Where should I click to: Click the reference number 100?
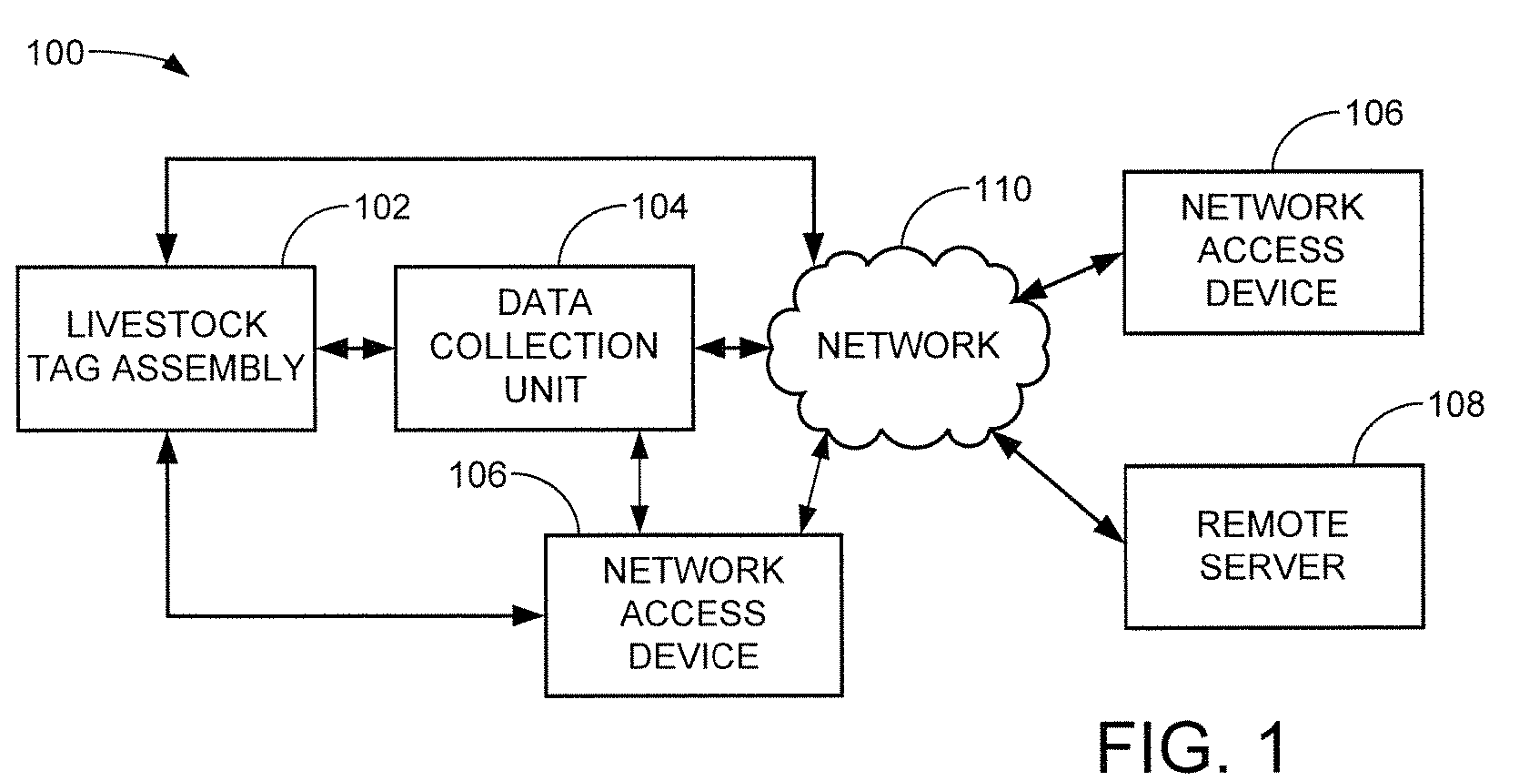[55, 53]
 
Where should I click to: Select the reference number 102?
[382, 207]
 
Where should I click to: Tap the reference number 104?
[659, 207]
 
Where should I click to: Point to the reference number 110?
[1003, 188]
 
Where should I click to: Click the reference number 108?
[1456, 404]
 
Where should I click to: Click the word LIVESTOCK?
[166, 324]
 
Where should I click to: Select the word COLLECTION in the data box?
[544, 346]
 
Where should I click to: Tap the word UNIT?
[545, 390]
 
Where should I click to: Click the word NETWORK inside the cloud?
[908, 345]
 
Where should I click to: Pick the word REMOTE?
[1273, 523]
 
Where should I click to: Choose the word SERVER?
[1273, 566]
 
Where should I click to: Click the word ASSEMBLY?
[208, 368]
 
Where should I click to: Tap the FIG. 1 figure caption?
[1191, 747]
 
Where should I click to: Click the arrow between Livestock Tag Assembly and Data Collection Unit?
[356, 348]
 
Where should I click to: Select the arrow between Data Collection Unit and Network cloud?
[733, 348]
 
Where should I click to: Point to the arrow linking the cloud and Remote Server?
[1058, 486]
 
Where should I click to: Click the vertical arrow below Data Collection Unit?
[639, 482]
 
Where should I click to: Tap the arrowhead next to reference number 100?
[177, 66]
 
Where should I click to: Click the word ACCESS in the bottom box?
[693, 614]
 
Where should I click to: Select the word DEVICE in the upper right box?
[1272, 293]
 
